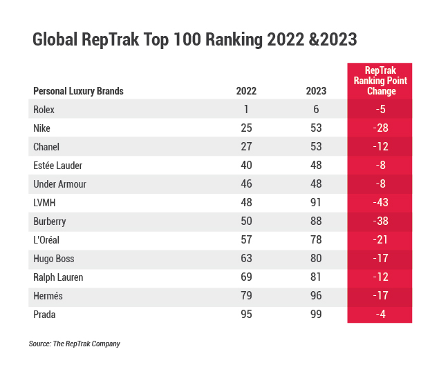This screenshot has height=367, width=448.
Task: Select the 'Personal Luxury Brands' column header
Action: (78, 91)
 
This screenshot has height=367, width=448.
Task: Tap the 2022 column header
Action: (246, 91)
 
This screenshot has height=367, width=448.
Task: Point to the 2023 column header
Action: (316, 91)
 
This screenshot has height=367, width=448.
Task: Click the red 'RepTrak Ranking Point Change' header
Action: (380, 81)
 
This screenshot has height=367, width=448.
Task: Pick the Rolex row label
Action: (44, 109)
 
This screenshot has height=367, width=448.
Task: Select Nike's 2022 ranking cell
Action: (246, 128)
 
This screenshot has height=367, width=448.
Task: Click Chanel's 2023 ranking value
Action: (316, 147)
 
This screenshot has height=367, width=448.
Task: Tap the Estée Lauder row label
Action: (56, 166)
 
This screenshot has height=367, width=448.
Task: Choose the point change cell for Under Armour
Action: (380, 184)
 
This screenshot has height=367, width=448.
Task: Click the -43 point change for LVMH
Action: (380, 203)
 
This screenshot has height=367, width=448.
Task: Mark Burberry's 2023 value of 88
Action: (316, 221)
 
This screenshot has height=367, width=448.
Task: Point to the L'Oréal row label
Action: (48, 240)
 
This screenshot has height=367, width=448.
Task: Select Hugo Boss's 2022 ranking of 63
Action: (246, 259)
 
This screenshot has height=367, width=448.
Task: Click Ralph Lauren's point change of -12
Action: (380, 277)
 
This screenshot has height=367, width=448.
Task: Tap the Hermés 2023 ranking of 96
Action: (316, 297)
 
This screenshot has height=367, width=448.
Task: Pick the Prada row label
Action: (44, 315)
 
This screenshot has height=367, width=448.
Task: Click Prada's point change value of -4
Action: (380, 315)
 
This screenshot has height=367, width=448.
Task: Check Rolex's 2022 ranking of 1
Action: (246, 109)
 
